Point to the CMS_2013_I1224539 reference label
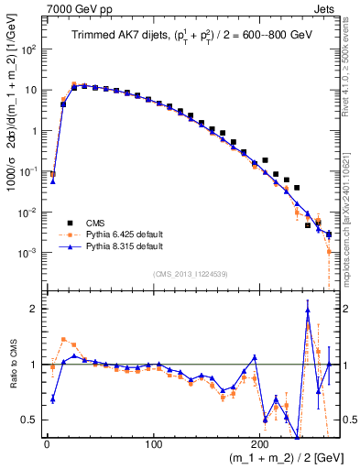click(x=190, y=272)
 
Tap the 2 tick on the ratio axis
click(x=35, y=309)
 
